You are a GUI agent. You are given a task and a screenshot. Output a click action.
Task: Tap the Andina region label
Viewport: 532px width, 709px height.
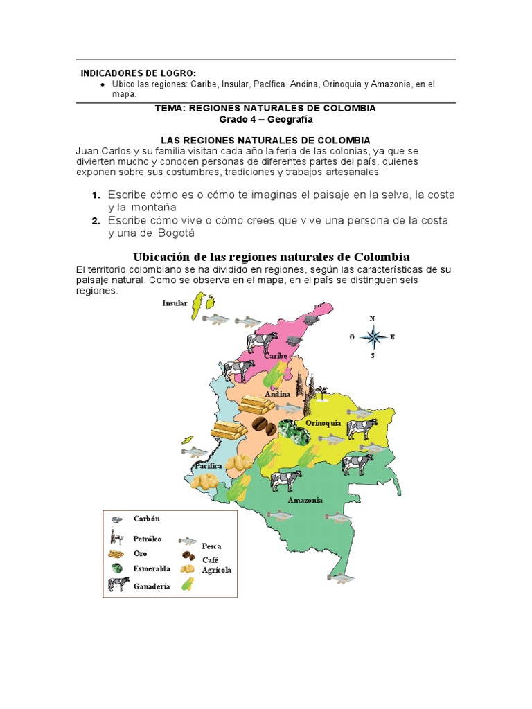[x=277, y=394]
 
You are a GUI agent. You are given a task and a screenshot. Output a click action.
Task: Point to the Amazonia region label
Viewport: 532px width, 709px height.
[x=305, y=499]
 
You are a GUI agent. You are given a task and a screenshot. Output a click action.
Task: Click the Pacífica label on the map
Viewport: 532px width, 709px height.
[x=208, y=466]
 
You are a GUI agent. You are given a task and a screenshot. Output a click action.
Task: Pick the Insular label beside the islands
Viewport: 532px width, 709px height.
[x=175, y=303]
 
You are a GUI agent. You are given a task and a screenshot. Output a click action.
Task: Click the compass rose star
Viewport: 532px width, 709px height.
[x=373, y=338]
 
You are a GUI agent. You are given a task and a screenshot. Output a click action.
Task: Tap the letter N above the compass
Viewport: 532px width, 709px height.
[x=373, y=318]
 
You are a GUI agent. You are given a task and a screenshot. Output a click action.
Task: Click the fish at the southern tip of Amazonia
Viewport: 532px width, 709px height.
[x=341, y=577]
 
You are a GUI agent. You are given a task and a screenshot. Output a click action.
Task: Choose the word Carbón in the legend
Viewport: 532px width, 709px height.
[x=146, y=519]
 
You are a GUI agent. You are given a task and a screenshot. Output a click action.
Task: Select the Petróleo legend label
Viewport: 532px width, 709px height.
[x=148, y=538]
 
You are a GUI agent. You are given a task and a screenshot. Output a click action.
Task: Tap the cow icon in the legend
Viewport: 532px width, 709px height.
[x=118, y=584]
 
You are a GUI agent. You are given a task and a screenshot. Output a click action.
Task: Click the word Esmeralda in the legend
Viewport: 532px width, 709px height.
[x=152, y=568]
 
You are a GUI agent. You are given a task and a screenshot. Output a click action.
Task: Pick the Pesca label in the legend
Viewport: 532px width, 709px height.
[x=211, y=546]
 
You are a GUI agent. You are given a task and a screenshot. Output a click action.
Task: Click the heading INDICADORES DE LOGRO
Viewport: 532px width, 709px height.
[x=138, y=73]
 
